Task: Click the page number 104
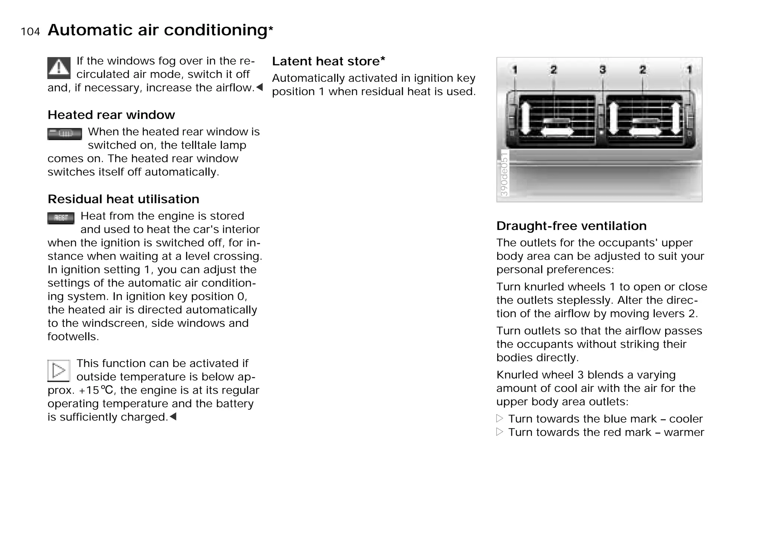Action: coord(30,32)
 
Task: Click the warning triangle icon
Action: coord(59,68)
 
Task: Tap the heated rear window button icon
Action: coord(65,134)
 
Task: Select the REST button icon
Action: coord(61,218)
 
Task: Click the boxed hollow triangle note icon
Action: coord(59,370)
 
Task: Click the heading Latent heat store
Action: coord(328,61)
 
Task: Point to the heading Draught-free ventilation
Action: coord(571,225)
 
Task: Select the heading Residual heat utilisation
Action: coord(123,199)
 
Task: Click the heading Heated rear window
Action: coord(111,115)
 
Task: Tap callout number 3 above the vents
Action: coord(602,69)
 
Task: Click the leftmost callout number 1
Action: coord(515,69)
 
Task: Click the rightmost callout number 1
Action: coord(689,69)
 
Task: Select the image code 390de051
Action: coord(504,173)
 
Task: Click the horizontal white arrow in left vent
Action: coord(557,131)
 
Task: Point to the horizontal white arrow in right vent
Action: coord(645,131)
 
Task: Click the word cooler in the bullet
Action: coord(686,419)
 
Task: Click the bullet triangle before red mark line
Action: coord(500,432)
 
